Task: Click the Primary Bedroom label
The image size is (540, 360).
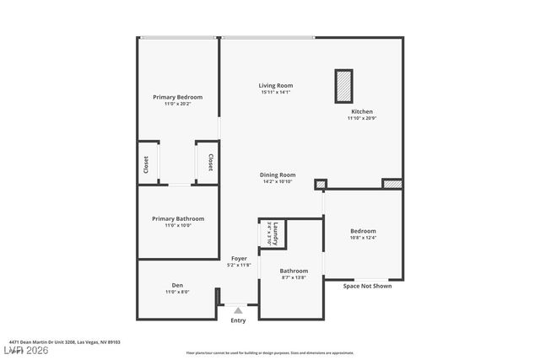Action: pos(177,97)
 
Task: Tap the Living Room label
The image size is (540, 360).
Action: pos(275,85)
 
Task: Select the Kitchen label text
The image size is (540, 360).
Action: pos(362,111)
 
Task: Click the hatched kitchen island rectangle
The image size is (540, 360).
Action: pos(343,85)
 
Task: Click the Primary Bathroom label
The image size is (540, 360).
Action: pos(178,218)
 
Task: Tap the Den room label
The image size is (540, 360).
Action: pos(177,285)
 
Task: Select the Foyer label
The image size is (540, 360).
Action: pos(239,258)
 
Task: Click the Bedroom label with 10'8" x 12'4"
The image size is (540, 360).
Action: pos(363,230)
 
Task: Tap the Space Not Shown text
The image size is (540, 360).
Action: pos(367,286)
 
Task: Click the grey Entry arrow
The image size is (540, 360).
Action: pos(238,310)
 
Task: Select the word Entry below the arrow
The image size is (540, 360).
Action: pos(238,320)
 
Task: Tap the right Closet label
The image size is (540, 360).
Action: pos(210,163)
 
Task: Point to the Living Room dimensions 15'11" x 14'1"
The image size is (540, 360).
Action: pos(275,92)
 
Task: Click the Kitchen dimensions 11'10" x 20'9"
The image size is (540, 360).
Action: pos(362,119)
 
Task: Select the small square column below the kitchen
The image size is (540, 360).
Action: pos(321,184)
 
